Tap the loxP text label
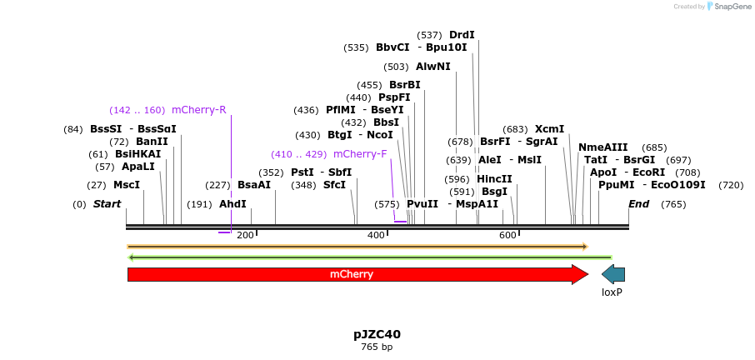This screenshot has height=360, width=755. [612, 292]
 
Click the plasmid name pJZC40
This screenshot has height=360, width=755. [377, 334]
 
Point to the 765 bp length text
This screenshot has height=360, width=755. [377, 347]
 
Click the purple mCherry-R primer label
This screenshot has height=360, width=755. [198, 110]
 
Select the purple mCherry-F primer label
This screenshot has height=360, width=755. [360, 154]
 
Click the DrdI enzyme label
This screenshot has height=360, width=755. [462, 35]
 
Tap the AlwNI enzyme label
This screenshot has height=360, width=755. [433, 67]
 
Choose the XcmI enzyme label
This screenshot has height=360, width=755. [549, 129]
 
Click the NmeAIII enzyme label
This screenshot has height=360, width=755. [603, 147]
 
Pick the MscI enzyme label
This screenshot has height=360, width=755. [127, 185]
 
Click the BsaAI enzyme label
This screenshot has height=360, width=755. [254, 185]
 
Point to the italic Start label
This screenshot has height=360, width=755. [107, 204]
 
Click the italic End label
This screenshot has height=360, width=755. [639, 204]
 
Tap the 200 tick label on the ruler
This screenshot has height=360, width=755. [245, 236]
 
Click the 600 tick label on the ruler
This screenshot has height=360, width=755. [508, 236]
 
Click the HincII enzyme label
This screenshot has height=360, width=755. [494, 179]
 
